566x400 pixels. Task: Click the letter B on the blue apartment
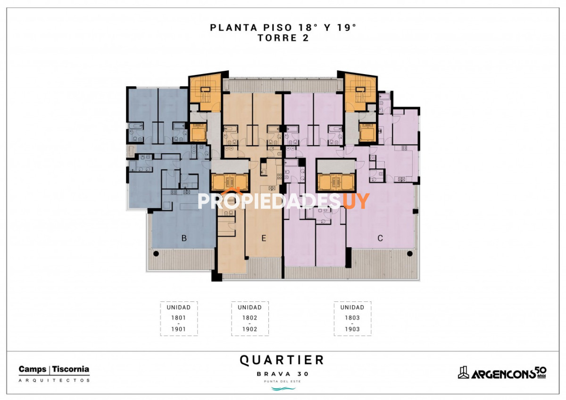click(x=184, y=238)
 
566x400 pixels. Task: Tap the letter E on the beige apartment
click(x=264, y=238)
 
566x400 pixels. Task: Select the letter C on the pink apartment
click(x=380, y=238)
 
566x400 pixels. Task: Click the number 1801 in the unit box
click(x=178, y=317)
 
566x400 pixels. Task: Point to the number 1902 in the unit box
click(x=250, y=329)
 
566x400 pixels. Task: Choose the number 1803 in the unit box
click(x=352, y=317)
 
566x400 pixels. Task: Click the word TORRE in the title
click(x=277, y=38)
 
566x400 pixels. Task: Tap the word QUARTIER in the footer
click(x=282, y=360)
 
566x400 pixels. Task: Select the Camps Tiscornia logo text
click(x=54, y=369)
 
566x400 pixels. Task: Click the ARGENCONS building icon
click(x=463, y=372)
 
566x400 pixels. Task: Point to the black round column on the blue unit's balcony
click(x=156, y=253)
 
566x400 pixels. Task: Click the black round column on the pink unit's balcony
click(x=410, y=253)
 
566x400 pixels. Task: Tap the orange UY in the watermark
click(x=357, y=201)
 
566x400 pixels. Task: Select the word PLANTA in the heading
click(x=234, y=27)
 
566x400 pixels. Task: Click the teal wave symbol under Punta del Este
click(x=283, y=388)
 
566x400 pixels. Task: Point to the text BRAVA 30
click(x=283, y=374)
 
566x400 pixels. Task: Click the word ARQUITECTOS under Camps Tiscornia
click(x=54, y=380)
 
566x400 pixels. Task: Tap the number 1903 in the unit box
click(x=352, y=329)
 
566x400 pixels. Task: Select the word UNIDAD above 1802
click(x=250, y=307)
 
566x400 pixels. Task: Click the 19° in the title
click(x=347, y=27)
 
